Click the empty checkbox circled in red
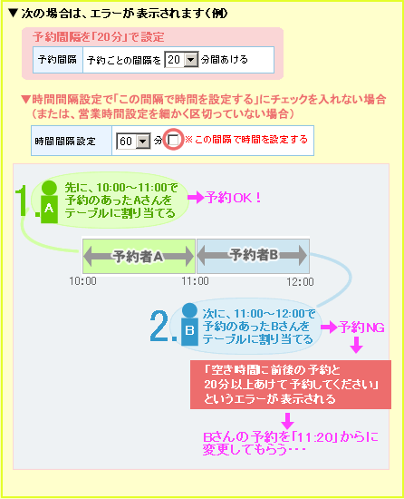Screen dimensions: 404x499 174,140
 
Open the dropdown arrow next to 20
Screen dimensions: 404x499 191,60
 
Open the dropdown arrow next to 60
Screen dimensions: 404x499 143,141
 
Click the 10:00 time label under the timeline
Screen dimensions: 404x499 83,281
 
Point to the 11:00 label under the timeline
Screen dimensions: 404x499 196,281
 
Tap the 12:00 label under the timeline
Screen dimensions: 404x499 300,281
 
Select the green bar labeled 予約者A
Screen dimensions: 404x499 139,256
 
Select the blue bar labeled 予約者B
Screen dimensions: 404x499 253,256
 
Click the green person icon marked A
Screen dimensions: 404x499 49,201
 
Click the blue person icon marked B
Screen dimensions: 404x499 189,324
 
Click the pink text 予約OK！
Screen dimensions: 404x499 234,198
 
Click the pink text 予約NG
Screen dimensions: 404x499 361,328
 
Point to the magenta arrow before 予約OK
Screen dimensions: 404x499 196,198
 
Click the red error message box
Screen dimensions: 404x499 291,385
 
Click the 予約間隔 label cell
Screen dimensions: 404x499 58,60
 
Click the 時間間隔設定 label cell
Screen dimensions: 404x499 72,141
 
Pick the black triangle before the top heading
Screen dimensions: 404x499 13,14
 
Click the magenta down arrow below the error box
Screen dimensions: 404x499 288,421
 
